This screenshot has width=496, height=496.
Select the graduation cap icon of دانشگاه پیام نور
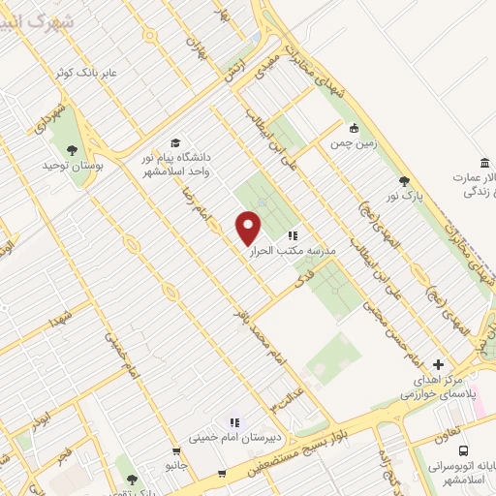click(x=175, y=143)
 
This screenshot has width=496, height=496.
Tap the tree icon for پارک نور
click(x=404, y=181)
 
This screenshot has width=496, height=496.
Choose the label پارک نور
click(x=404, y=198)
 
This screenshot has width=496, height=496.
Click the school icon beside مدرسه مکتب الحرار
click(x=293, y=234)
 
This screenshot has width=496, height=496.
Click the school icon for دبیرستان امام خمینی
click(x=233, y=422)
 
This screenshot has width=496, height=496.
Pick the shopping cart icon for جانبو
click(x=175, y=450)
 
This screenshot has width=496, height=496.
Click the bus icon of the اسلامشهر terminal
click(x=463, y=450)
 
